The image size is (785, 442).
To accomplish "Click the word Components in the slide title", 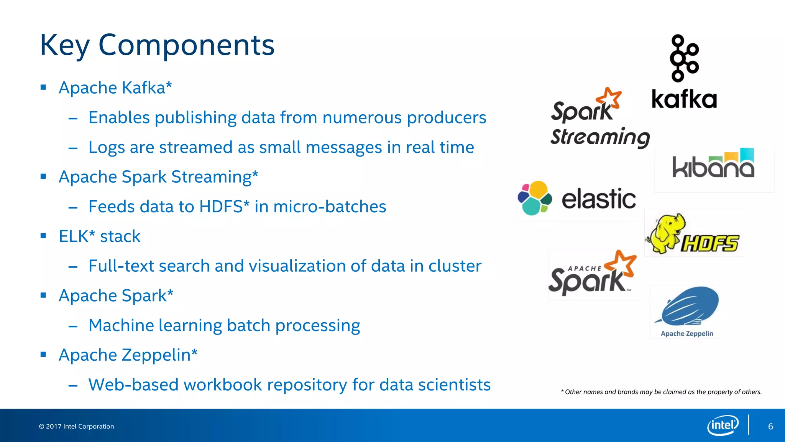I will pos(186,45).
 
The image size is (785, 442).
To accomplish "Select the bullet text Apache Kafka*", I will pos(115,88).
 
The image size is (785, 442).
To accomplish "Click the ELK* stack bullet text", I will pos(99,236).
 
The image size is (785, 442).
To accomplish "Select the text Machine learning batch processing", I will pos(224,325).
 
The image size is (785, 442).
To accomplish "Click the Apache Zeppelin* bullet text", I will pos(128,355).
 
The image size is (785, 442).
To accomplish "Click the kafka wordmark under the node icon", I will pos(684,100).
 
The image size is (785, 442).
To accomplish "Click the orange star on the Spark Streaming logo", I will pos(610,98).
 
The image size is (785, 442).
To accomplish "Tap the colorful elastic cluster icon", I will pos(534,198).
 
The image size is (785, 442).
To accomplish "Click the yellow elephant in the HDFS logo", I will pos(665,233).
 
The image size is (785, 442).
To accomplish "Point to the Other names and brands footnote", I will pos(661,392).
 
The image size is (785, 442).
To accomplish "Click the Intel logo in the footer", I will pos(723,425).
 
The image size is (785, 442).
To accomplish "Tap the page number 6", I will pos(770,426).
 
